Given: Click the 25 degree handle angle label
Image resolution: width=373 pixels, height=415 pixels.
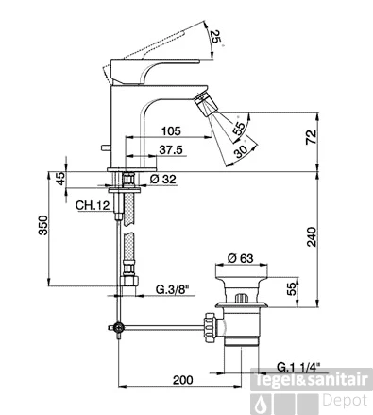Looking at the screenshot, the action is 216,37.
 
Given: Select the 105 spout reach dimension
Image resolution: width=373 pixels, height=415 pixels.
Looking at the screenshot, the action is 171,130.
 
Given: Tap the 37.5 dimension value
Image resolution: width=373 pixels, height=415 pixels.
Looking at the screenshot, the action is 171,150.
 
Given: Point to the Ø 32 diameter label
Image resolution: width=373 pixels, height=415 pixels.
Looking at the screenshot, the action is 162,180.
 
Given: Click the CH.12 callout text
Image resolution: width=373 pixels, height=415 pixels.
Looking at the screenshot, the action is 93,206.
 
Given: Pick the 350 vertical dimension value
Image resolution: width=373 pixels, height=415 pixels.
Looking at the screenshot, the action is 42,225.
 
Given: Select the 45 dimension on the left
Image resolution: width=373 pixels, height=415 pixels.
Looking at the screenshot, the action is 60,179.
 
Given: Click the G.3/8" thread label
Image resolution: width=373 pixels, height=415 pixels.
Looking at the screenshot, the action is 172,289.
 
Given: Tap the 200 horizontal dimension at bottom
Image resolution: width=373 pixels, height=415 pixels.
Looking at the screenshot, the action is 182,380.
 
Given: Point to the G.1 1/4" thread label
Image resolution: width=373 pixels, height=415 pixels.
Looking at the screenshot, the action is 298,367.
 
